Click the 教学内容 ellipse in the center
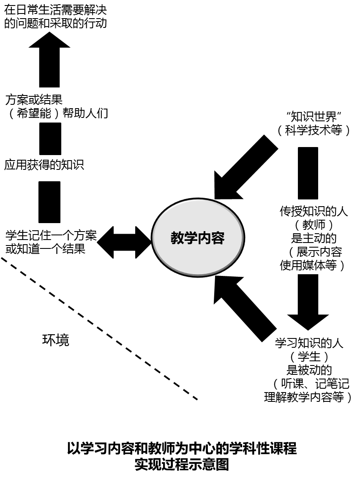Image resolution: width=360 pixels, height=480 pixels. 197,238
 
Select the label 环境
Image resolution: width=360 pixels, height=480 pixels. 56,340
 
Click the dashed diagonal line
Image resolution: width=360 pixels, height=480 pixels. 99,328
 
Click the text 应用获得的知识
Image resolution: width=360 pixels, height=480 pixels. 44,165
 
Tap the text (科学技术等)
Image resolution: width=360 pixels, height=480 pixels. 314,130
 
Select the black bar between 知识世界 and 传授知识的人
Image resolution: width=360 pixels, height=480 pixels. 308,173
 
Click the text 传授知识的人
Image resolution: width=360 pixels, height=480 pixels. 314,211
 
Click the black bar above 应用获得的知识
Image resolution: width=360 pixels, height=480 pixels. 50,139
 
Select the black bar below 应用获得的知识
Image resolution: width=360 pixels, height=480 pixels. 49,202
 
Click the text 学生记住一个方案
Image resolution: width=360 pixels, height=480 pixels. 51,235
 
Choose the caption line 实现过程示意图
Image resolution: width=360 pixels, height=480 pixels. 182,464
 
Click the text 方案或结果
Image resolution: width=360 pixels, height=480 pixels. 34,100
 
